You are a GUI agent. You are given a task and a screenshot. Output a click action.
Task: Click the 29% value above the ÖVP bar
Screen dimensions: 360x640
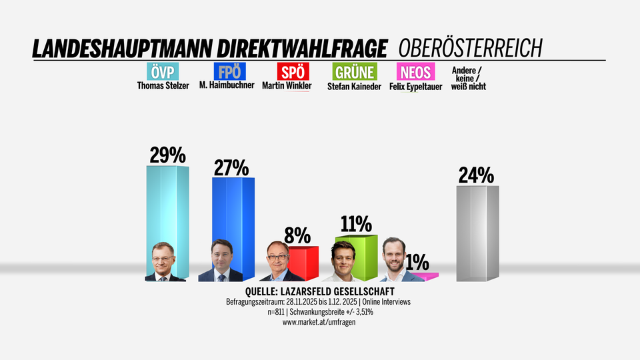(x=167, y=155)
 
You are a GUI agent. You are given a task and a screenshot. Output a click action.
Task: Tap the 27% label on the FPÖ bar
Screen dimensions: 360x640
(x=231, y=167)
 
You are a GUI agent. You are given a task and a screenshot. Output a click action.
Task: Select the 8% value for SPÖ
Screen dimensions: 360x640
(x=297, y=235)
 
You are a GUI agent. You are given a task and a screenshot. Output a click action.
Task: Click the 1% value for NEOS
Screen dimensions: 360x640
(x=417, y=263)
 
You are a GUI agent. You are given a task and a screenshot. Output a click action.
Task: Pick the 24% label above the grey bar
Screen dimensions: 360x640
(x=476, y=175)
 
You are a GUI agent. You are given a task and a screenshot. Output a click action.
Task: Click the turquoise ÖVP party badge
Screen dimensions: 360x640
(x=161, y=71)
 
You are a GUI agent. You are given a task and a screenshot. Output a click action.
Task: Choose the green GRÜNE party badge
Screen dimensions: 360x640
(x=354, y=71)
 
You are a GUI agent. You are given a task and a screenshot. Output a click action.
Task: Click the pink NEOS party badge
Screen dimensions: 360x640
(x=415, y=71)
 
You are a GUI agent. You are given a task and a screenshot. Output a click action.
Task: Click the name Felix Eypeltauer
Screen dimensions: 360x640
(x=415, y=85)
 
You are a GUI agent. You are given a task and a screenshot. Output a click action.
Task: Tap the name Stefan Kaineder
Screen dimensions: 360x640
(x=354, y=85)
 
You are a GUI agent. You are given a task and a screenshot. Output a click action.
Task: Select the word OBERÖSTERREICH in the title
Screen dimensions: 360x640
(x=470, y=48)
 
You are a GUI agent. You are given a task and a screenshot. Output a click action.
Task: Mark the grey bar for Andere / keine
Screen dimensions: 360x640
(x=477, y=233)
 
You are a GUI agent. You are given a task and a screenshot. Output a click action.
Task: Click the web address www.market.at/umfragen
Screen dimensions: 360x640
(x=318, y=322)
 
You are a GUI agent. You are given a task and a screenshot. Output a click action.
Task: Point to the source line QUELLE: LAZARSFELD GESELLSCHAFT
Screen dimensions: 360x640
(x=319, y=292)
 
